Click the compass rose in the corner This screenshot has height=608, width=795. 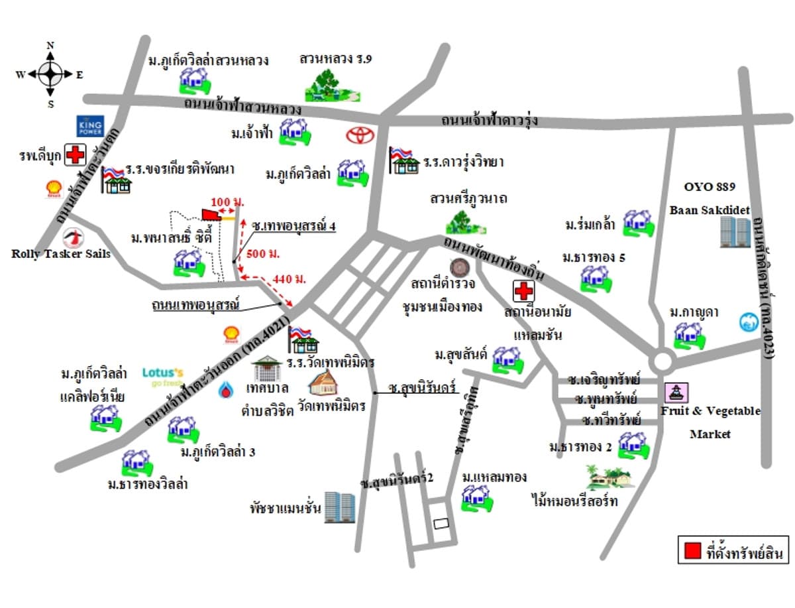(x=50, y=74)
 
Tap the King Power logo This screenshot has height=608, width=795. (x=87, y=126)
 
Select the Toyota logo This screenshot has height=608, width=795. (x=360, y=135)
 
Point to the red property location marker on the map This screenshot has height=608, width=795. (x=211, y=213)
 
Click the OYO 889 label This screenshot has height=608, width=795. (x=710, y=187)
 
